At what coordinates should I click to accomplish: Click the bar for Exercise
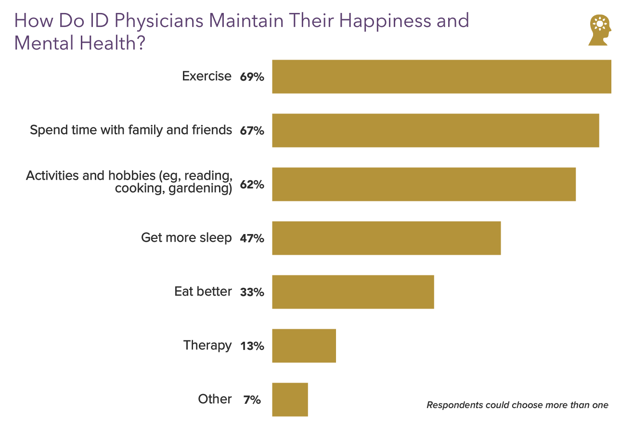click(441, 76)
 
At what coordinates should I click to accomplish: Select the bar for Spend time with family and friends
click(435, 130)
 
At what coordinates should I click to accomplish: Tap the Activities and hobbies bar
click(424, 184)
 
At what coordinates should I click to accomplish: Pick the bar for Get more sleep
click(386, 238)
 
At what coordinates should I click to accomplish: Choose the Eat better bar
click(353, 292)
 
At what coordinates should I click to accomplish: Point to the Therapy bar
click(304, 346)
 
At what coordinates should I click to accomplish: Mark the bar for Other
click(290, 399)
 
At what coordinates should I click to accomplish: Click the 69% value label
click(252, 77)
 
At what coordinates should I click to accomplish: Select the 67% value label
click(252, 131)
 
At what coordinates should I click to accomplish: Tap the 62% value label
click(252, 185)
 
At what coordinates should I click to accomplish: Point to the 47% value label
click(252, 238)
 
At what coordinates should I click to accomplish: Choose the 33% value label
click(252, 292)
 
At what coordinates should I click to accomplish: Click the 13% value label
click(252, 346)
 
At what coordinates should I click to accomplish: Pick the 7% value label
click(252, 400)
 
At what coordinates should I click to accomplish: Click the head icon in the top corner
click(599, 30)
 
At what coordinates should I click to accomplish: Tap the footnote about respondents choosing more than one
click(517, 405)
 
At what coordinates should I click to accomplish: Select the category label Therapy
click(207, 345)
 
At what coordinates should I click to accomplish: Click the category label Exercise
click(207, 76)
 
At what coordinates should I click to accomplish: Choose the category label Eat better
click(203, 291)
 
